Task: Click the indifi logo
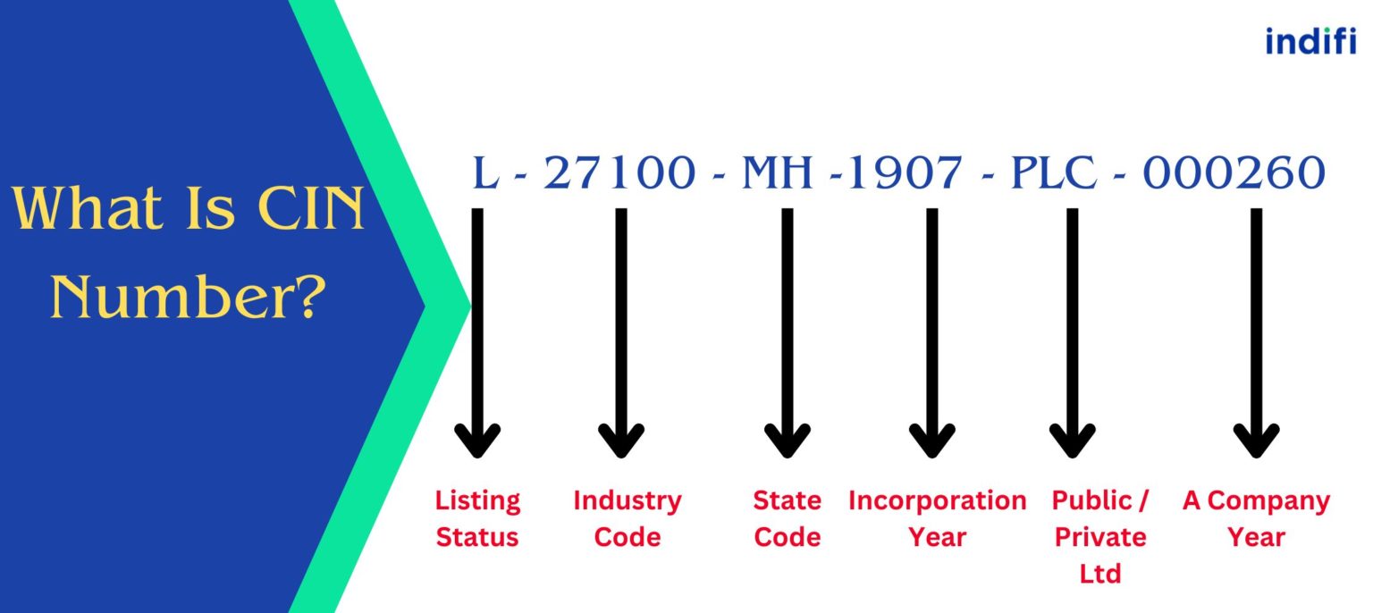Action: coord(1310,41)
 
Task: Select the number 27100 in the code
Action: coord(619,172)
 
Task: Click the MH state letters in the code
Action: coord(778,172)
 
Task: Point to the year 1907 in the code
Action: coord(904,172)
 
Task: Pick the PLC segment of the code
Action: coord(1054,172)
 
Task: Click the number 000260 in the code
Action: coord(1234,172)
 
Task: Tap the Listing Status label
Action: coord(477,518)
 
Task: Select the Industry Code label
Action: coord(627,518)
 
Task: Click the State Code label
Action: coord(787,518)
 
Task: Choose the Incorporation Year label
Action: coord(937,518)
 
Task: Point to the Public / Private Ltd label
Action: coord(1099,536)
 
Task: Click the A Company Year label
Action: coord(1256,518)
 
